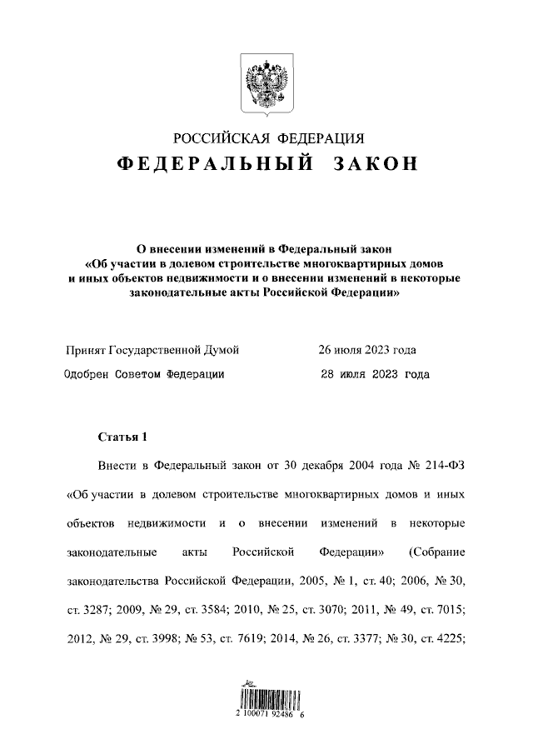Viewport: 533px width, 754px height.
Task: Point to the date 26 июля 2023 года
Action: (367, 350)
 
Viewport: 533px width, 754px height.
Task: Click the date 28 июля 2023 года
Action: (375, 375)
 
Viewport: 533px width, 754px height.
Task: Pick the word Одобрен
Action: (87, 375)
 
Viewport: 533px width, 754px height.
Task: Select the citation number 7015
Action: (447, 610)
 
